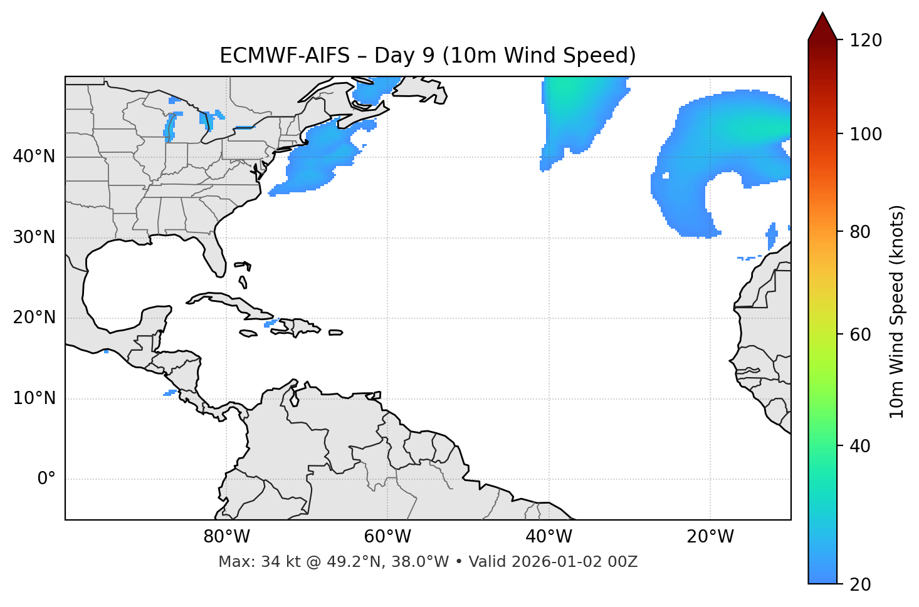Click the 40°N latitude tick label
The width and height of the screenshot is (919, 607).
(x=34, y=157)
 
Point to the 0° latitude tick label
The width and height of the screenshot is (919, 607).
(x=46, y=479)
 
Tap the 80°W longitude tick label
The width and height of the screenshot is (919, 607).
(x=226, y=537)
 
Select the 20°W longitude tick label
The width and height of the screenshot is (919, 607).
(x=710, y=537)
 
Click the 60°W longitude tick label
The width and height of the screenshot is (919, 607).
(x=387, y=537)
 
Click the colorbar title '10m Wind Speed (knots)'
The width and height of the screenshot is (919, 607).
(x=897, y=312)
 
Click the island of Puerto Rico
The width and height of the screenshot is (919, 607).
(x=335, y=333)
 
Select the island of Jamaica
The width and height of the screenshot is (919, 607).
(x=248, y=334)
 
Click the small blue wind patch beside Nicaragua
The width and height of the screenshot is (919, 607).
(x=170, y=393)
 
